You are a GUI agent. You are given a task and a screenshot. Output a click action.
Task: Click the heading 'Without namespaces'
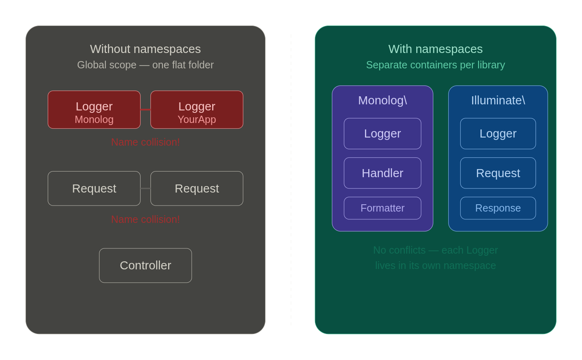point(145,49)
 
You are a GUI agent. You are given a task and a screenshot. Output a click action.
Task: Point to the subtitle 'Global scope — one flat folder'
point(145,65)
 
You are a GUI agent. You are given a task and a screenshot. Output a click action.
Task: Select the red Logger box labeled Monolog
point(94,110)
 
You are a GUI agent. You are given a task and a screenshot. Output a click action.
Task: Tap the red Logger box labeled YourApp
point(197,110)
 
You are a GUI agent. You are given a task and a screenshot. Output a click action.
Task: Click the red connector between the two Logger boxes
point(145,110)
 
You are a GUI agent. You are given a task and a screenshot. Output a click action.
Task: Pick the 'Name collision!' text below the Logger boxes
point(145,142)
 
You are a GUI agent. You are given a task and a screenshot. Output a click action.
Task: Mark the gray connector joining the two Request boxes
point(145,188)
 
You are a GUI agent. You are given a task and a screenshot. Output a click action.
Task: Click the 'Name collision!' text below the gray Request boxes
point(145,219)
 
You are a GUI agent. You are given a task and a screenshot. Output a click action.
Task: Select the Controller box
point(145,265)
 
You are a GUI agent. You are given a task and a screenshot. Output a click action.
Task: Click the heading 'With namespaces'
point(435,49)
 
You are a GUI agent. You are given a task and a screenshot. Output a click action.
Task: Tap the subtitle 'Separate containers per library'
point(435,65)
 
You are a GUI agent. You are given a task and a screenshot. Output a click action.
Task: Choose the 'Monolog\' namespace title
point(382,100)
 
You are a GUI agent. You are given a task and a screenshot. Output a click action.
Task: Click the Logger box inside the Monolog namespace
point(382,133)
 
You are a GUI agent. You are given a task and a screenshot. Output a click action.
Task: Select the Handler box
point(382,173)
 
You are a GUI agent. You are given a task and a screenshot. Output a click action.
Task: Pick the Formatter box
point(382,208)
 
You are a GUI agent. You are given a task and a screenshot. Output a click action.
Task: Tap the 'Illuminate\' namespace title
point(498,100)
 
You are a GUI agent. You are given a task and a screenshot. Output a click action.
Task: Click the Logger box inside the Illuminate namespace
point(498,133)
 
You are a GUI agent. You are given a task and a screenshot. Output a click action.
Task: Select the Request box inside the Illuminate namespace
point(498,173)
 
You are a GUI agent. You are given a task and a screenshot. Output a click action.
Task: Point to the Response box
point(498,208)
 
